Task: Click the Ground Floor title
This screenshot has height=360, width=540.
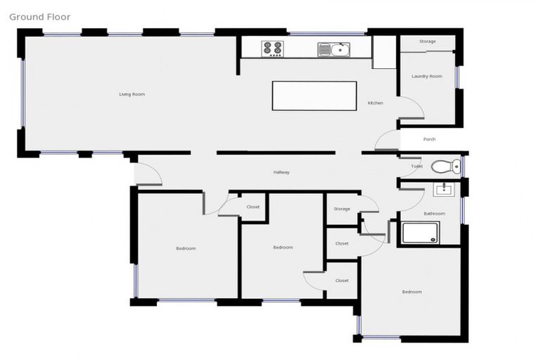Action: pos(40,17)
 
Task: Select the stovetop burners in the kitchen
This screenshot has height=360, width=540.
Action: pos(272,49)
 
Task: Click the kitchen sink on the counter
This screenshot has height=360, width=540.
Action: pos(333,49)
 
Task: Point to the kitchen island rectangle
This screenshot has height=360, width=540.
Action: pos(314,96)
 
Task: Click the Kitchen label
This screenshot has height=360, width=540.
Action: pos(375,103)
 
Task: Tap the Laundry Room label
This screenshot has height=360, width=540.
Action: pos(427,76)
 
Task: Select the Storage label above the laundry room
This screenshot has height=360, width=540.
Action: pos(427,41)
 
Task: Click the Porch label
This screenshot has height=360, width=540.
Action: pos(429,139)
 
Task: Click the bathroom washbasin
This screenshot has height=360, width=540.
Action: pos(443,189)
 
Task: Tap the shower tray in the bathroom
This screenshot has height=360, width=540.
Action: pos(420,233)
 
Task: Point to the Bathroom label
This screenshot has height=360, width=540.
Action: pos(434,213)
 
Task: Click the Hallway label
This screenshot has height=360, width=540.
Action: pos(281,172)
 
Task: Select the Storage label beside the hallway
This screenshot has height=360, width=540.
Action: pos(342,209)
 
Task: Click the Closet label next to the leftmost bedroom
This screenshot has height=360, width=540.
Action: pos(253,207)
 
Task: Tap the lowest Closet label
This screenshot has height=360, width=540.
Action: pos(342,281)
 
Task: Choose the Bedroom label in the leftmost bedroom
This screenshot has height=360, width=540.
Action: pos(186,248)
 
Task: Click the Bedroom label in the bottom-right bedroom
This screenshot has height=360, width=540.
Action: pos(411,292)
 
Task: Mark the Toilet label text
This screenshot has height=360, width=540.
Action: pos(417,167)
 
